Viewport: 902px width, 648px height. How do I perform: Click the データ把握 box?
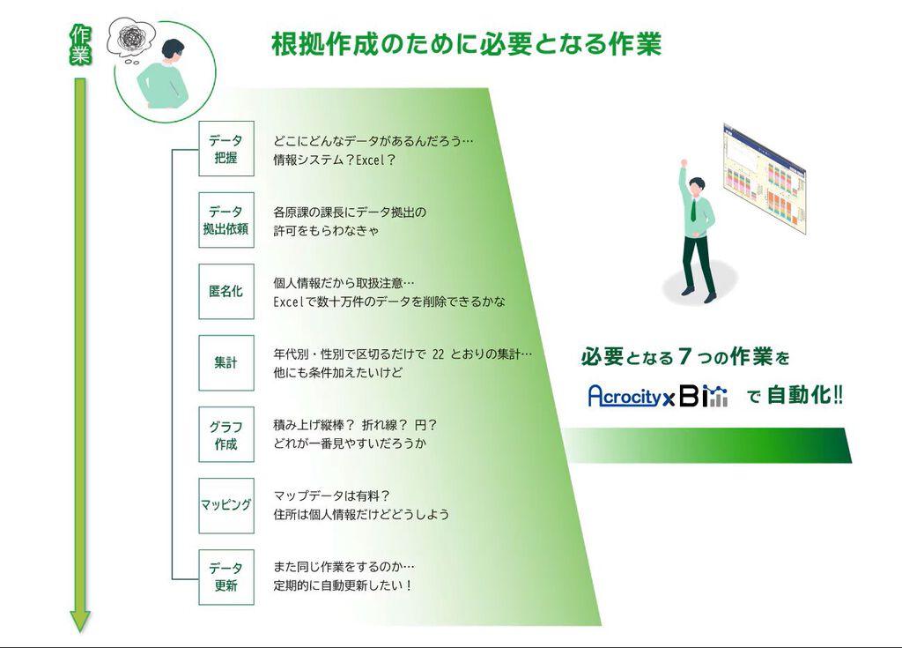pos(225,149)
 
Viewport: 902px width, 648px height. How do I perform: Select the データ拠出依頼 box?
pos(225,220)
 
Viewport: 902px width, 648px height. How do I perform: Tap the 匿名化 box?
pos(225,291)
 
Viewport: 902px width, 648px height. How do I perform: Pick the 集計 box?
pos(225,362)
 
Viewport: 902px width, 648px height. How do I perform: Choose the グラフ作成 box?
pos(225,434)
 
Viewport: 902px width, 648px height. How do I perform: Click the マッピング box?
pos(225,505)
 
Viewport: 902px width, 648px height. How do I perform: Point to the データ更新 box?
pos(225,577)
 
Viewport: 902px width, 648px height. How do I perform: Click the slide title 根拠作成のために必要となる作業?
pos(466,43)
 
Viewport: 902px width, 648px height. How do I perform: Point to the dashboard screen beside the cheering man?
pos(763,178)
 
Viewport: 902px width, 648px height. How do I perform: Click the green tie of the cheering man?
pos(694,209)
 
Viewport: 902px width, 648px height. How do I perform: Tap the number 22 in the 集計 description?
pos(438,354)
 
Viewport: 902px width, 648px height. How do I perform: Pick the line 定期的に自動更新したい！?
pos(343,585)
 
